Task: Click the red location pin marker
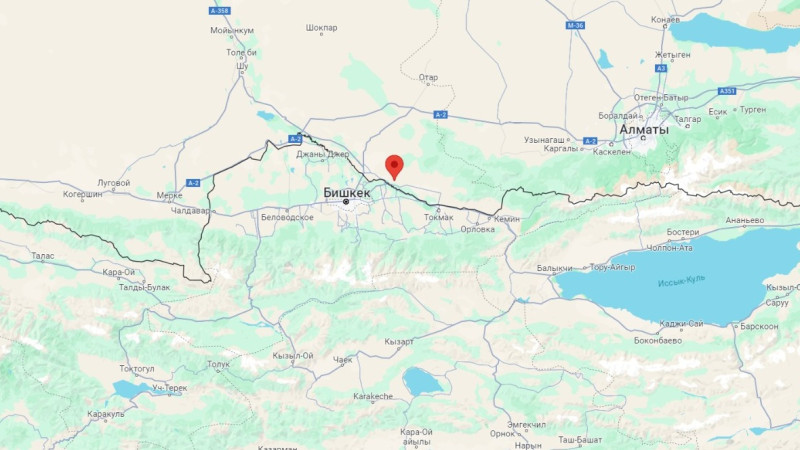click(394, 166)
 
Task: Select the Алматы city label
click(644, 130)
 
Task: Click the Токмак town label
click(438, 217)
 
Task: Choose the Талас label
click(42, 256)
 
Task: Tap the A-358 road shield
click(219, 10)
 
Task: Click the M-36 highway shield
click(574, 25)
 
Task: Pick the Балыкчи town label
click(554, 268)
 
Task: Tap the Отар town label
click(428, 76)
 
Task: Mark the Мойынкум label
click(232, 30)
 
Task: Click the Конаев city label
click(665, 19)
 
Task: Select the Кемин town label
click(507, 217)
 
